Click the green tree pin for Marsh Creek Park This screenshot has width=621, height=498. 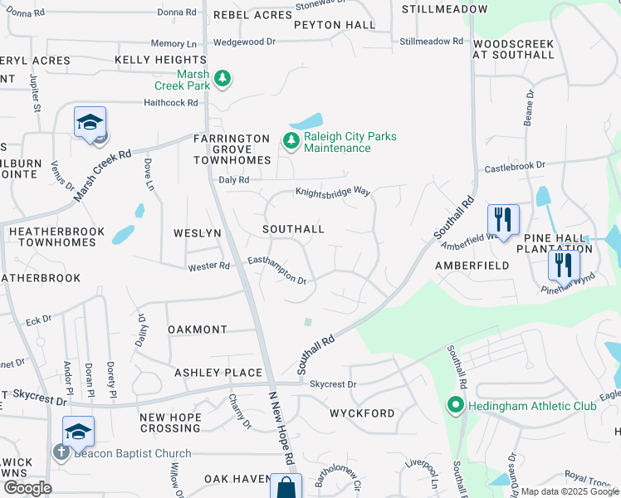coord(222,78)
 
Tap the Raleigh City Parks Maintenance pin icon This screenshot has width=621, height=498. coord(291,142)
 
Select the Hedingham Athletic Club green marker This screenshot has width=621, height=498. coord(455,406)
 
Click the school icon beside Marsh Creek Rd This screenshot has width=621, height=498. coord(90,124)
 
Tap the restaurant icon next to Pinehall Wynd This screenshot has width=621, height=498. coord(564,266)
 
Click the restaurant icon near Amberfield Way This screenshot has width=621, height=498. coord(502,220)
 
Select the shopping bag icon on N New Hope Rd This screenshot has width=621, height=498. coord(286,487)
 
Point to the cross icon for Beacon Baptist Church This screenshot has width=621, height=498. coord(60,453)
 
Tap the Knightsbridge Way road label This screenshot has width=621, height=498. coord(332,192)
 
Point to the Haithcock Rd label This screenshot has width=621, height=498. coord(170,103)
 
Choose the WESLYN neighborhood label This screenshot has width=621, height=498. coord(197,233)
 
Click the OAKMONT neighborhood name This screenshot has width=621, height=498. coord(197,330)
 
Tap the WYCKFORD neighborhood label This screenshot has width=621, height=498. coord(362,413)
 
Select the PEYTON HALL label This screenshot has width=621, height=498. coord(335,25)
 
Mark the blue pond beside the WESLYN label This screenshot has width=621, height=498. coord(123,234)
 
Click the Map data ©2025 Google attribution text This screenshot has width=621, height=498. coord(569,491)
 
